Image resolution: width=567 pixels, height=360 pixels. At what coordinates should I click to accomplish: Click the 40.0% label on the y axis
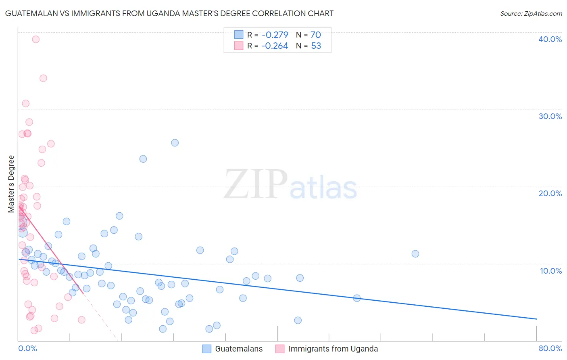click(550, 39)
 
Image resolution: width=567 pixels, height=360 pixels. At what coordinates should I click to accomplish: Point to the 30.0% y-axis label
click(550, 116)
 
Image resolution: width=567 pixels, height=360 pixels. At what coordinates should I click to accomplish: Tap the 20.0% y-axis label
click(550, 193)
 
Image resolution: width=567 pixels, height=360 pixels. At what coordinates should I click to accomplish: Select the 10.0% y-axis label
click(550, 271)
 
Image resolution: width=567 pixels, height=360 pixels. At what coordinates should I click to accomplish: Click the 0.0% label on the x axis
click(27, 348)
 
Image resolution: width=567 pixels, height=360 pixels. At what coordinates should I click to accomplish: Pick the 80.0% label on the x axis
click(550, 348)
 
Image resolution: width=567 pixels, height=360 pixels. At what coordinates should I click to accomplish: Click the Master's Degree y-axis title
click(11, 184)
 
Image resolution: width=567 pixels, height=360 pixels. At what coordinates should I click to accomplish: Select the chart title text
click(169, 13)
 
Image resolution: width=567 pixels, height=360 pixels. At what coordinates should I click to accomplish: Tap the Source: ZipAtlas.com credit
click(531, 14)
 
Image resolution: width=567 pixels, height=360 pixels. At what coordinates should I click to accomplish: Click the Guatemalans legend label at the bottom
click(239, 349)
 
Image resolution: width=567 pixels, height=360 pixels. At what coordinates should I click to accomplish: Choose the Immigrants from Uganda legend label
click(333, 349)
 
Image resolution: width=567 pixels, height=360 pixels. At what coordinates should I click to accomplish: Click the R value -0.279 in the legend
click(275, 35)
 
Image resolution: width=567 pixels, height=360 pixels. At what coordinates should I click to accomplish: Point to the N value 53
click(316, 46)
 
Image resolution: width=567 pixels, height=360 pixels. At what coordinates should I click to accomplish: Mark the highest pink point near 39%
click(35, 39)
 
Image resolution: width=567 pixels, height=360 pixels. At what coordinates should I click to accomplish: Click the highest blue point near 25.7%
click(175, 142)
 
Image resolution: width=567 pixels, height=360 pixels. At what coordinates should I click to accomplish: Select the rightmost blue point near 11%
click(415, 253)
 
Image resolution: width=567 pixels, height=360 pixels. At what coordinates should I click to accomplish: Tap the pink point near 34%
click(43, 78)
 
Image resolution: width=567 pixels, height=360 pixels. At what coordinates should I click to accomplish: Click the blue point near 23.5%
click(143, 159)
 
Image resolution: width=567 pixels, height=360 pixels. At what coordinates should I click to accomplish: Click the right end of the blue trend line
click(536, 319)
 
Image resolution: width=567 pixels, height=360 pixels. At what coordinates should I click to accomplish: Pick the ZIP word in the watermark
click(255, 184)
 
